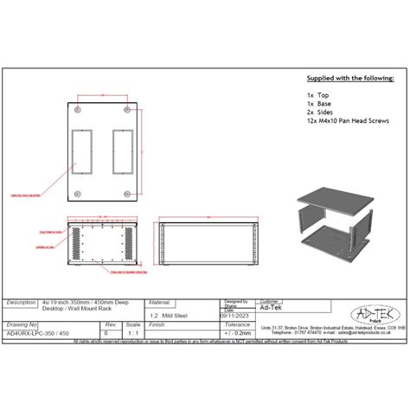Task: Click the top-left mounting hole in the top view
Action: tap(77, 112)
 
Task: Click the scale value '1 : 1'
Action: tap(132, 331)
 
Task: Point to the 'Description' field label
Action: tap(22, 304)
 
